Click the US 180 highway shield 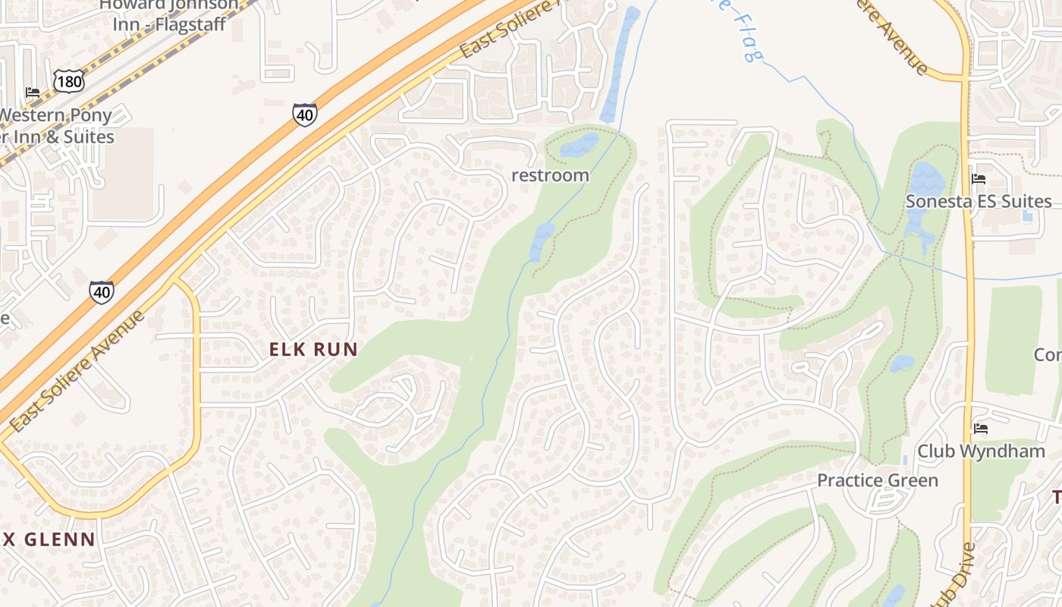click(68, 80)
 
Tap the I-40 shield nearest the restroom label click(304, 115)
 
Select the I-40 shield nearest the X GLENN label click(101, 291)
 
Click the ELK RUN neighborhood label click(313, 349)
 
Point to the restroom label click(550, 175)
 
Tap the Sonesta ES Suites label click(979, 201)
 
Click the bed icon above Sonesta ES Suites click(979, 179)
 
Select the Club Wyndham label click(981, 451)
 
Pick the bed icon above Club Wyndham click(980, 429)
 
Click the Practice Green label click(877, 480)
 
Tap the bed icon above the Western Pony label click(32, 93)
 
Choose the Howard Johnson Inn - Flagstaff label click(169, 15)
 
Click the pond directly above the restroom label click(579, 144)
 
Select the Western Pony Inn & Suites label click(56, 126)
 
